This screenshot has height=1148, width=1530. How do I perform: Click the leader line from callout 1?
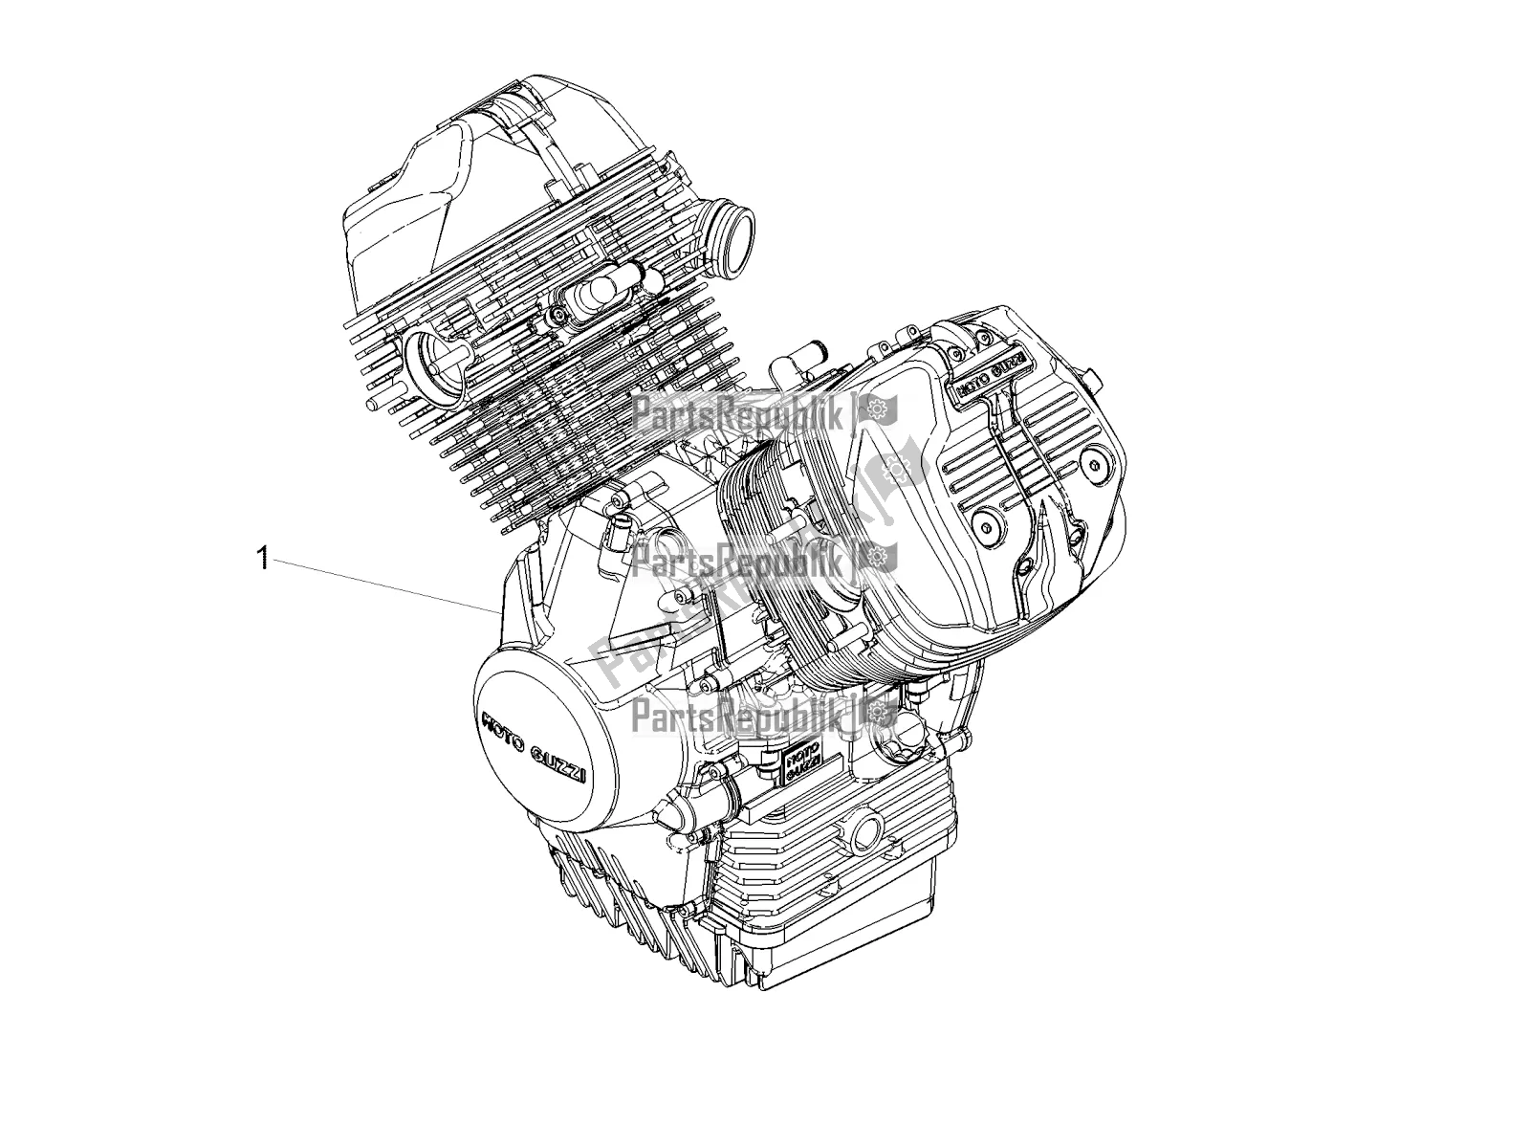point(382,584)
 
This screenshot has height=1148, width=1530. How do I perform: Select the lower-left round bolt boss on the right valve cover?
point(985,520)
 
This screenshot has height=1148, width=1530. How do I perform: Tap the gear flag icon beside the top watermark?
point(872,412)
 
